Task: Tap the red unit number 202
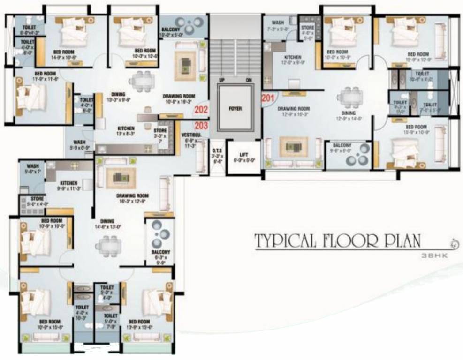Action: click(201, 111)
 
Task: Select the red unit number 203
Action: click(201, 125)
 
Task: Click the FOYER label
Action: click(235, 108)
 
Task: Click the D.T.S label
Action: click(216, 151)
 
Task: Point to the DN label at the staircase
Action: click(249, 80)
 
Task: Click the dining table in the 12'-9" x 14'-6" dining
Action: click(349, 97)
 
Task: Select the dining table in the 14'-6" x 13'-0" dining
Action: click(109, 244)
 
